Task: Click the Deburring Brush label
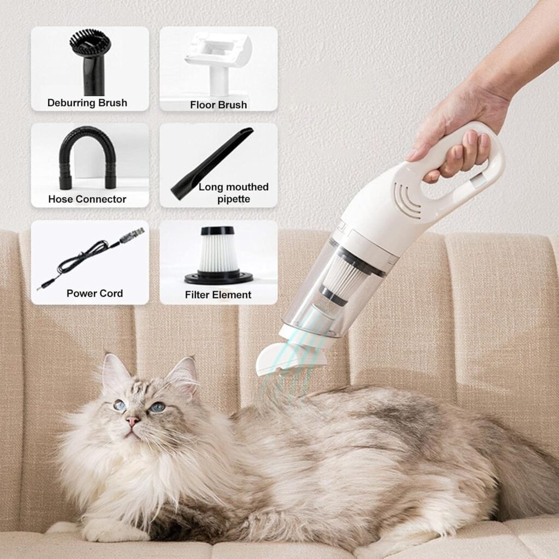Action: (87, 103)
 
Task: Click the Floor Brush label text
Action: (218, 104)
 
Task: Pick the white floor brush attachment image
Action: (218, 60)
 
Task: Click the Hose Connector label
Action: (87, 199)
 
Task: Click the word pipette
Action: (234, 199)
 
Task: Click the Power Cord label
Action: (95, 294)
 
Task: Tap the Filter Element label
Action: (218, 295)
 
